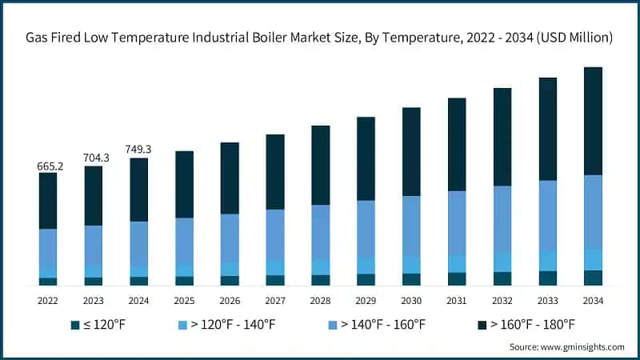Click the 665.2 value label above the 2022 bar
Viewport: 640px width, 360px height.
(48, 166)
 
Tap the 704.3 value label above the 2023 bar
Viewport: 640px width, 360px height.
(94, 158)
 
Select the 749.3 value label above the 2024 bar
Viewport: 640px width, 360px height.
(139, 150)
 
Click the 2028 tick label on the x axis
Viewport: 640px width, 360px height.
(320, 300)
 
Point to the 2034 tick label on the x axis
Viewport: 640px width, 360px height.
(593, 300)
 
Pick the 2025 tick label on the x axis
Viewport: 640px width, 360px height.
(184, 300)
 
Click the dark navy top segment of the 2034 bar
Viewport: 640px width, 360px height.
(593, 121)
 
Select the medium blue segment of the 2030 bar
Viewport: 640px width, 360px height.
(411, 226)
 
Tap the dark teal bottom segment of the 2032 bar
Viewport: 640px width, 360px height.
(502, 278)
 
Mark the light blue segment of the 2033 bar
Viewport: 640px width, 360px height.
(548, 261)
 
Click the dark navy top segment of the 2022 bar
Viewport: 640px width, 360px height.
(48, 201)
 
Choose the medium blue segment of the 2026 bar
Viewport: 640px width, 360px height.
(230, 238)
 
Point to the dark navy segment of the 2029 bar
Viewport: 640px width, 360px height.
(366, 158)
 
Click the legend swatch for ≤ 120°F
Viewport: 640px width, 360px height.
(75, 324)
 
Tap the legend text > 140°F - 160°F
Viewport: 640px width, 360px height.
(382, 324)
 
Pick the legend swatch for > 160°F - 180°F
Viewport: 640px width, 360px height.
(482, 324)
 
